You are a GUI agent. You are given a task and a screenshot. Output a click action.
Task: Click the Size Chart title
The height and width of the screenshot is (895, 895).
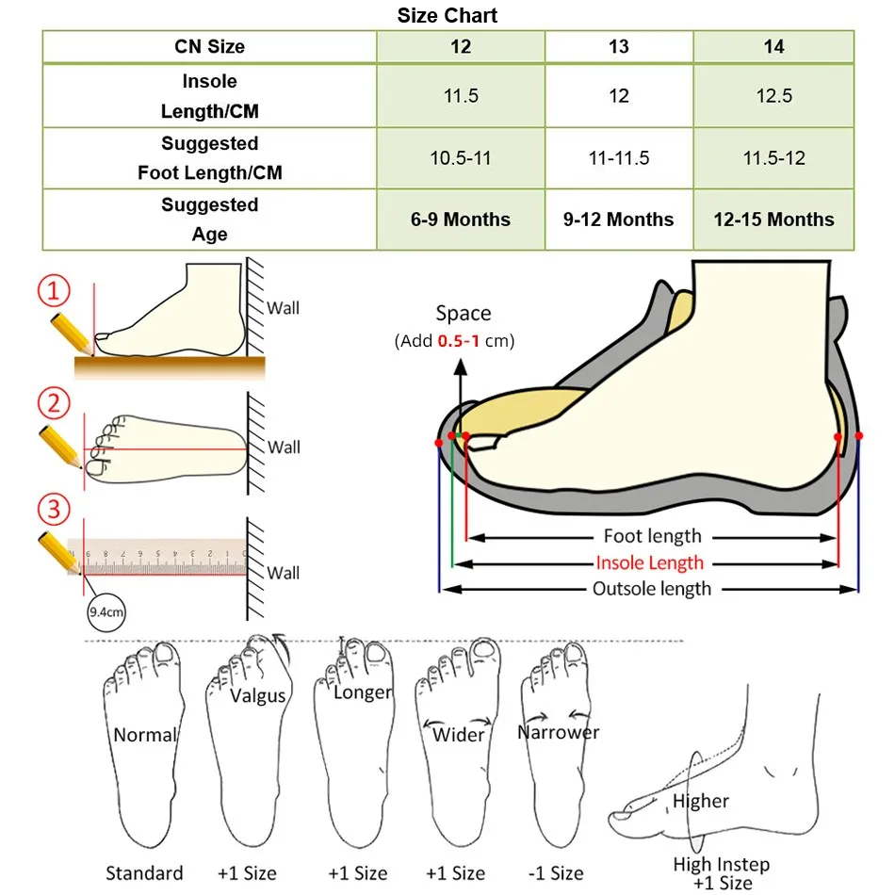(447, 15)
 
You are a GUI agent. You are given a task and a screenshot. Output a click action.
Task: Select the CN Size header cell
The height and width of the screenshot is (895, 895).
(209, 46)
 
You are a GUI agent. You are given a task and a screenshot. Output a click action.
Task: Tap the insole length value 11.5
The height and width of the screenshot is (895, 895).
(461, 95)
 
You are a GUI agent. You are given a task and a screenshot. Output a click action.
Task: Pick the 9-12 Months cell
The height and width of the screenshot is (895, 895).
(618, 220)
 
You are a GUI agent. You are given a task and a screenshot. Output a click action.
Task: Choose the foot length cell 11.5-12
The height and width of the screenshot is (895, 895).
(773, 157)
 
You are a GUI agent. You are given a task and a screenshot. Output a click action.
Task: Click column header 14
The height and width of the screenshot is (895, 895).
(773, 46)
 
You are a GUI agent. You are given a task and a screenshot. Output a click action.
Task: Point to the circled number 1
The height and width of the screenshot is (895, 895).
(54, 290)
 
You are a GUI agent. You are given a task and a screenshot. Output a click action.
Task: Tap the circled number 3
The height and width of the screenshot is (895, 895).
(54, 509)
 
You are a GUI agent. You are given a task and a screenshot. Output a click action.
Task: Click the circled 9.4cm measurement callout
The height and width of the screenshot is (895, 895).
(106, 612)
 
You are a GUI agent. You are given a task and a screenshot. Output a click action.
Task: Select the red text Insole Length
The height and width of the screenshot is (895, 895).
(649, 562)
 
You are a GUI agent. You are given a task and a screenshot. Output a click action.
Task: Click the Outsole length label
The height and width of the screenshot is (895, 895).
(652, 589)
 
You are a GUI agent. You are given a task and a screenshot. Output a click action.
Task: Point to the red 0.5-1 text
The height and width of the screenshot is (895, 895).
(459, 341)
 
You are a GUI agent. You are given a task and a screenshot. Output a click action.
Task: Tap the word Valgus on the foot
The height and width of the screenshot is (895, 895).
(257, 696)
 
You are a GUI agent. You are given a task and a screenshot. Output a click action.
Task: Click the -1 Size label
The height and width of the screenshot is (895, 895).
(556, 872)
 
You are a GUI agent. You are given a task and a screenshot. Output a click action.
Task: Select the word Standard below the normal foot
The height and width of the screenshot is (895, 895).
(144, 872)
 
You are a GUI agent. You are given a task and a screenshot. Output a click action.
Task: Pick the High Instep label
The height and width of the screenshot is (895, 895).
(722, 864)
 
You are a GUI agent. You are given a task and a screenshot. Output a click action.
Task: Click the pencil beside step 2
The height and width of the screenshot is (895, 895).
(60, 447)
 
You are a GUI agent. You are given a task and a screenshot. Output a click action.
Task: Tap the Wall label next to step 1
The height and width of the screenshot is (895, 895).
(284, 308)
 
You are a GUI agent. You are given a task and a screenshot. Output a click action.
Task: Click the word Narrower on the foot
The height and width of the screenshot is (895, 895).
(559, 732)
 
